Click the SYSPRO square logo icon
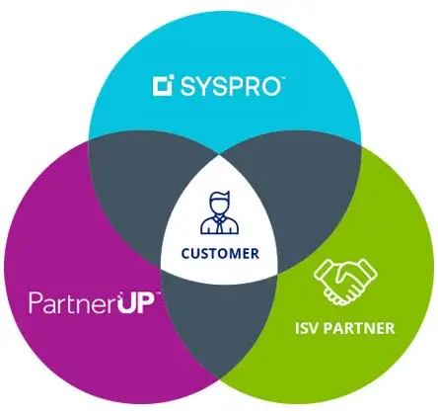click(163, 86)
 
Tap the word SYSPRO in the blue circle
click(230, 86)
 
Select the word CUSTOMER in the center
click(220, 254)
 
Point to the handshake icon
click(345, 282)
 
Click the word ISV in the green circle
click(307, 328)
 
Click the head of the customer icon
click(219, 204)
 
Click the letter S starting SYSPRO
click(187, 86)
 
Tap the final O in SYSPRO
click(269, 86)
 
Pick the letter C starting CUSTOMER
click(186, 254)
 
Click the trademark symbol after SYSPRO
click(283, 78)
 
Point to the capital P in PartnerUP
click(36, 302)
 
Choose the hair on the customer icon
click(220, 195)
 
